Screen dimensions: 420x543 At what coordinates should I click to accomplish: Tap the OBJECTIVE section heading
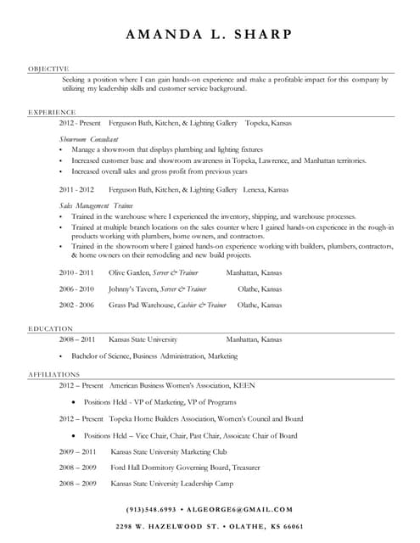tap(48, 67)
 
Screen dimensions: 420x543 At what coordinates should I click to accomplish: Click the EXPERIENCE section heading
tap(50, 111)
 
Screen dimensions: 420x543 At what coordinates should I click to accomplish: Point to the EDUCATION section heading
tap(50, 327)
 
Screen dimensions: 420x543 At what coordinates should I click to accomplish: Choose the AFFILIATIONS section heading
tap(55, 373)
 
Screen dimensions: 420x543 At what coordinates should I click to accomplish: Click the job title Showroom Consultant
tap(88, 137)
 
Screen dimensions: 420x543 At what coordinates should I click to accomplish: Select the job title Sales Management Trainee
tap(96, 205)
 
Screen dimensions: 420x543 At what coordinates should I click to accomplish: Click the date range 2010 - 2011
tap(76, 273)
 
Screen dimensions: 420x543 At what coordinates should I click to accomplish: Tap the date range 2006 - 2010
tap(76, 288)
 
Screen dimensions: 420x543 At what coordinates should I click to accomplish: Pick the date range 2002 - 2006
tap(76, 304)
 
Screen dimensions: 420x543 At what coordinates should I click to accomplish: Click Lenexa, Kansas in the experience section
tap(266, 190)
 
